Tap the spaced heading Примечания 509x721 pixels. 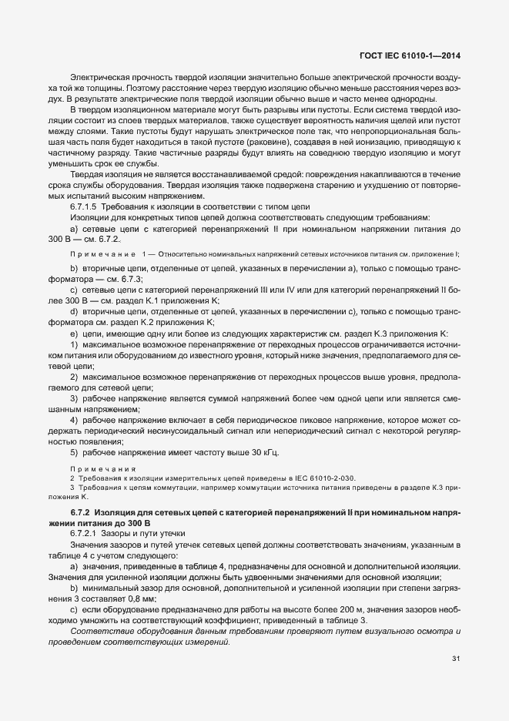(x=102, y=468)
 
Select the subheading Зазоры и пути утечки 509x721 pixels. (x=142, y=534)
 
